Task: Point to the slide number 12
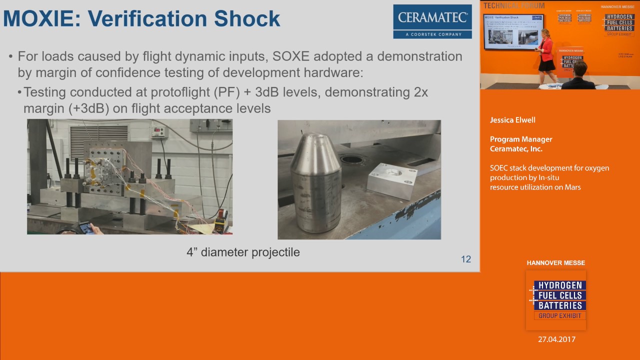pos(465,259)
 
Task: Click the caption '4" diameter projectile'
pos(243,252)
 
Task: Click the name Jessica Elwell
pos(512,120)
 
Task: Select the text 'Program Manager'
pos(520,139)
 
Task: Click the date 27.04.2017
pos(556,339)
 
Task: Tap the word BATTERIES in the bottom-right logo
pos(560,305)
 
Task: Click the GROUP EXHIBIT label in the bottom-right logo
pos(559,315)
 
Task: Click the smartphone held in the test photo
pos(85,228)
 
